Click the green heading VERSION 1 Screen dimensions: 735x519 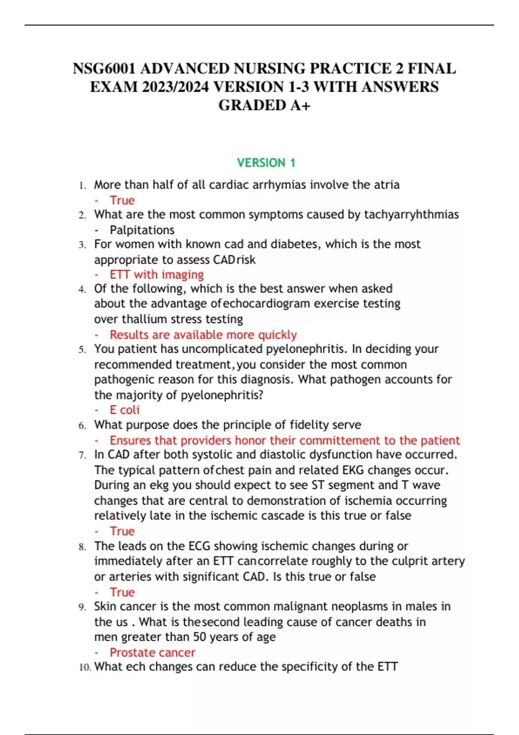point(266,163)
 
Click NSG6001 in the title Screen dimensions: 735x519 point(104,69)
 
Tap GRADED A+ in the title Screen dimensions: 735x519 point(264,105)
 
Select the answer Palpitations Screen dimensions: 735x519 point(142,230)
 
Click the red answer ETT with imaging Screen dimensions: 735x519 point(157,275)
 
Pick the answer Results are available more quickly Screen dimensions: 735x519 point(203,335)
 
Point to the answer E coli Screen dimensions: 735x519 point(125,410)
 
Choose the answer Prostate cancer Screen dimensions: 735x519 point(152,652)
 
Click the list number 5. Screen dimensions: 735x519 point(82,350)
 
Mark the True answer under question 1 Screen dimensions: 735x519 point(122,201)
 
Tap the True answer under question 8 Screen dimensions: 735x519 point(122,592)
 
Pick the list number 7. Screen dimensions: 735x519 point(82,455)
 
